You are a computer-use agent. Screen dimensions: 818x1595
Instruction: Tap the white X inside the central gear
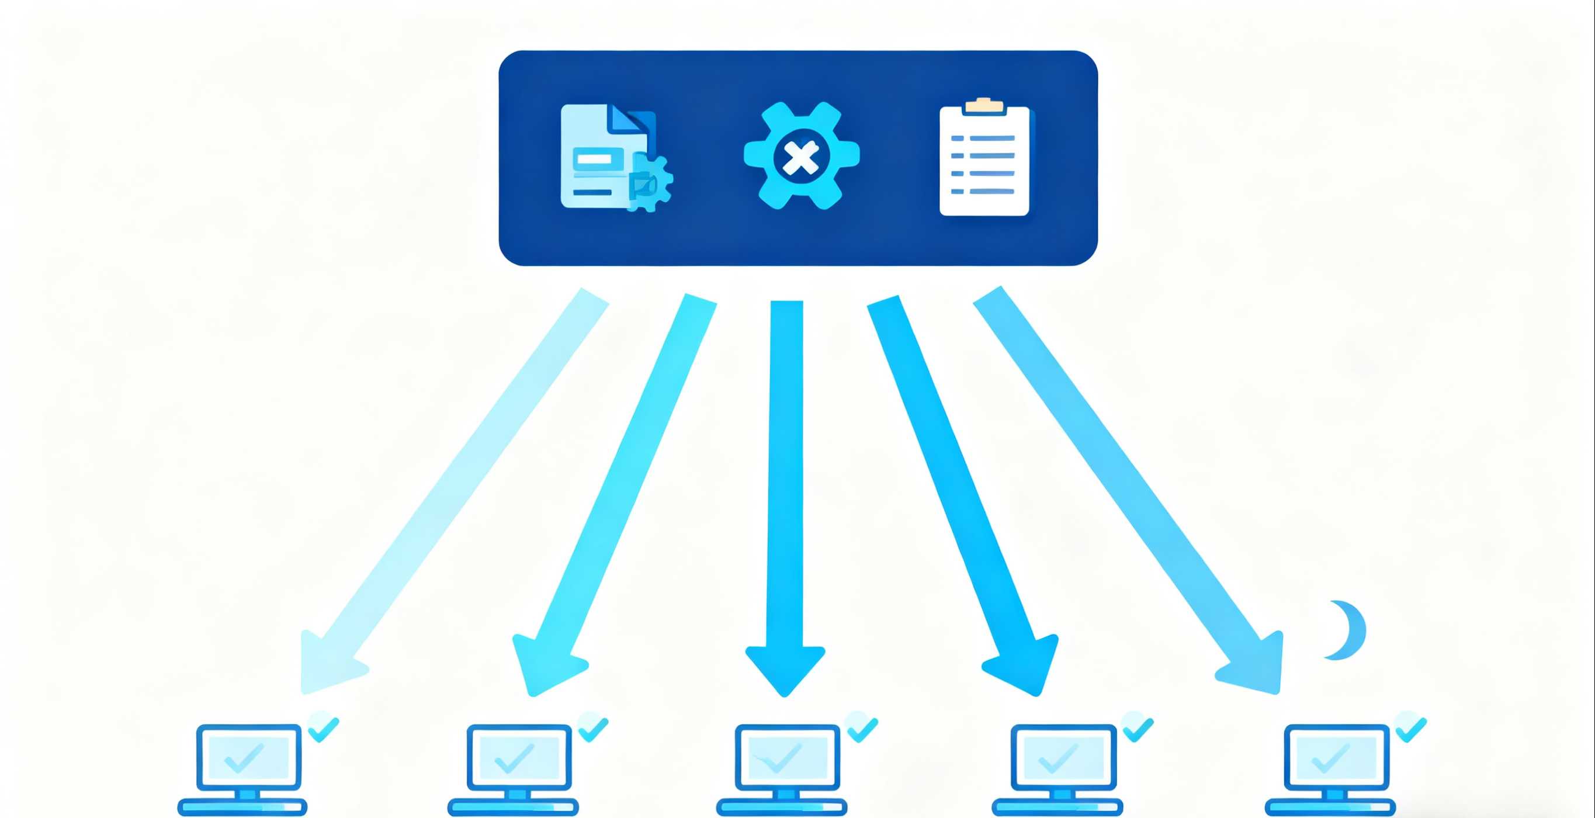[x=801, y=157]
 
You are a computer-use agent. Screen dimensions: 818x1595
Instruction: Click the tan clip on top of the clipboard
[x=984, y=105]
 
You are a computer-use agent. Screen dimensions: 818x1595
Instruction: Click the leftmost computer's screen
[x=249, y=757]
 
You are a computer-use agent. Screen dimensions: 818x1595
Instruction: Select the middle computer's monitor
[x=788, y=757]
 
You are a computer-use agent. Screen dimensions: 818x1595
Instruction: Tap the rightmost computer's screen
[x=1336, y=757]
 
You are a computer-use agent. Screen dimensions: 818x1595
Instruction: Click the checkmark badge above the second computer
[x=593, y=727]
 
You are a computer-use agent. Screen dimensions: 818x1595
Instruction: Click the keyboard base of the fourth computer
[x=1057, y=807]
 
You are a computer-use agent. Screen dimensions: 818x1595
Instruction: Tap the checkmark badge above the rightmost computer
[x=1410, y=727]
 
